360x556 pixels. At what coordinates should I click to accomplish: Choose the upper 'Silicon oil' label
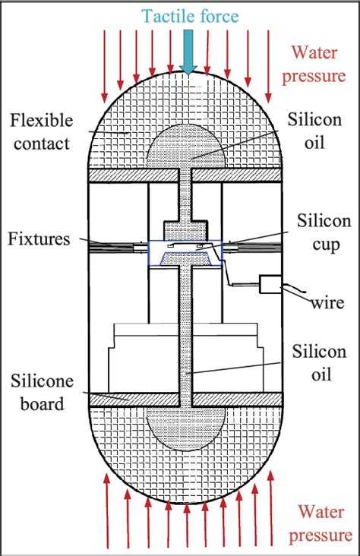pos(317,131)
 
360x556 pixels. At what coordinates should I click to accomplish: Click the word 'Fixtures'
pos(39,240)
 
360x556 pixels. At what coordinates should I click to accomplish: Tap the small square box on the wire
pos(270,285)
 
